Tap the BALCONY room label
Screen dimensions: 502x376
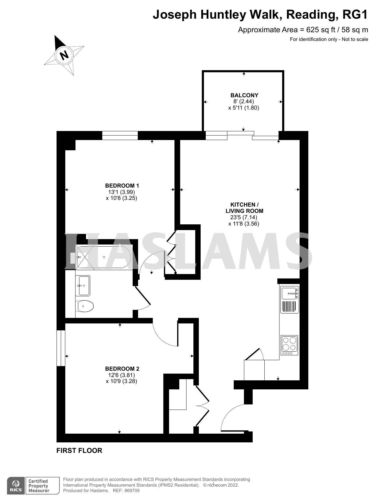coord(244,95)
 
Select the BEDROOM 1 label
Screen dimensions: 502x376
coord(122,186)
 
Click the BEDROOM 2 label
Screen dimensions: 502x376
coord(122,369)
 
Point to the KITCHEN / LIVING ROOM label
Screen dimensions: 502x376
coord(244,208)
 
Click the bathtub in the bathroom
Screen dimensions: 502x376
coord(104,257)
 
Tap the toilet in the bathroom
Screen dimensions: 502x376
coord(85,307)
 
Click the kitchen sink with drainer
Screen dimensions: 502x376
coord(289,299)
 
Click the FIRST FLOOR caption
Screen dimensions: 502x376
coord(79,451)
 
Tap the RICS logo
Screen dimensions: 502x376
coord(16,485)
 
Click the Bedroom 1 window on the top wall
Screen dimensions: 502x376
coord(120,136)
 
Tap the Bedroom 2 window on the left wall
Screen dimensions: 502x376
coord(61,348)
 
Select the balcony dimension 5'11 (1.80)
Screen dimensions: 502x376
coord(244,108)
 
